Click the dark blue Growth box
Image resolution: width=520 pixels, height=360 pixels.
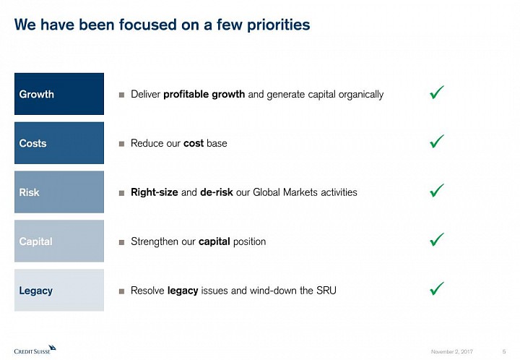pyautogui.click(x=59, y=94)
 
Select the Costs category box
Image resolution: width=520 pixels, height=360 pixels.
pyautogui.click(x=59, y=143)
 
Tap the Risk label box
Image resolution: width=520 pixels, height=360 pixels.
pyautogui.click(x=59, y=192)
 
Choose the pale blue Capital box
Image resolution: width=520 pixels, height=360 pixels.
pyautogui.click(x=59, y=241)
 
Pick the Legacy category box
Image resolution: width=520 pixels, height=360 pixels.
pyautogui.click(x=59, y=290)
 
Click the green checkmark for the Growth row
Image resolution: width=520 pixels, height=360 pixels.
pyautogui.click(x=436, y=93)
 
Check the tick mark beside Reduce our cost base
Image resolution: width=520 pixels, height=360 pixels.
pyautogui.click(x=436, y=142)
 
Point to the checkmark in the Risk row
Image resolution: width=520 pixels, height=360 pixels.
pyautogui.click(x=436, y=191)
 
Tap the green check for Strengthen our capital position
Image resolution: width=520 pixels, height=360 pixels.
pyautogui.click(x=436, y=240)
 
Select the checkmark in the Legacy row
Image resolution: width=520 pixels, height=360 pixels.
pyautogui.click(x=436, y=288)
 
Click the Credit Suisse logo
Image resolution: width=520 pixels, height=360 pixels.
pyautogui.click(x=35, y=350)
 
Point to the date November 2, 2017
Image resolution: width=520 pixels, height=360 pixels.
pyautogui.click(x=451, y=351)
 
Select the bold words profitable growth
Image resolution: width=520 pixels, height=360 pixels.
pyautogui.click(x=204, y=95)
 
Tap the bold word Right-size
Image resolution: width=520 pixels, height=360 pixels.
pyautogui.click(x=155, y=192)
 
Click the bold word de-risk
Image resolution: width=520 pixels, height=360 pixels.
pyautogui.click(x=216, y=192)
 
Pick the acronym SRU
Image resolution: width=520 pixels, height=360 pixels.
pyautogui.click(x=326, y=291)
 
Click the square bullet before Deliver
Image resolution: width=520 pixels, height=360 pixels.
pyautogui.click(x=122, y=95)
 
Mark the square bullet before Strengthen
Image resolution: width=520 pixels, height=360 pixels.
pyautogui.click(x=122, y=242)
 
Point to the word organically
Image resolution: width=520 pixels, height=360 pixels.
pyautogui.click(x=361, y=95)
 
